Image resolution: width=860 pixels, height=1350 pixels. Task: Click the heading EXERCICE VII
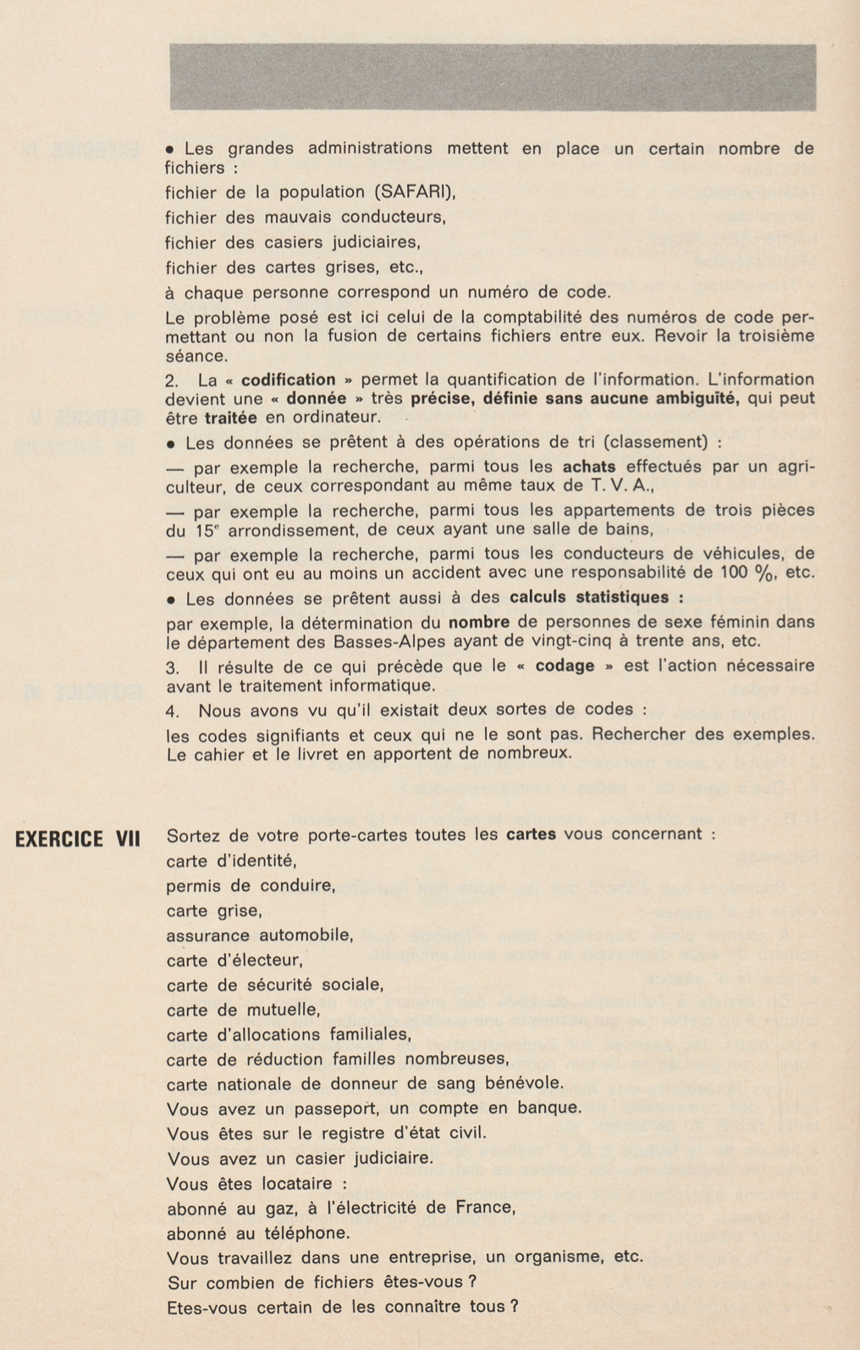click(x=78, y=838)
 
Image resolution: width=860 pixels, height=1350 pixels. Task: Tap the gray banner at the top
click(x=493, y=77)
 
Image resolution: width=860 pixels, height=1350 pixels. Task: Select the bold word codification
click(x=288, y=379)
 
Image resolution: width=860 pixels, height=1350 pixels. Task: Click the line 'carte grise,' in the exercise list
click(x=214, y=911)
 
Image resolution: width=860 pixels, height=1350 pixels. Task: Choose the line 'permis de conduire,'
click(x=251, y=887)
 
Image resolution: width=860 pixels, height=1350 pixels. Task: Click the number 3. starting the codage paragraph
click(x=173, y=667)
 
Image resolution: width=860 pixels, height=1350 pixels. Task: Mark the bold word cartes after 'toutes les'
click(x=531, y=833)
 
